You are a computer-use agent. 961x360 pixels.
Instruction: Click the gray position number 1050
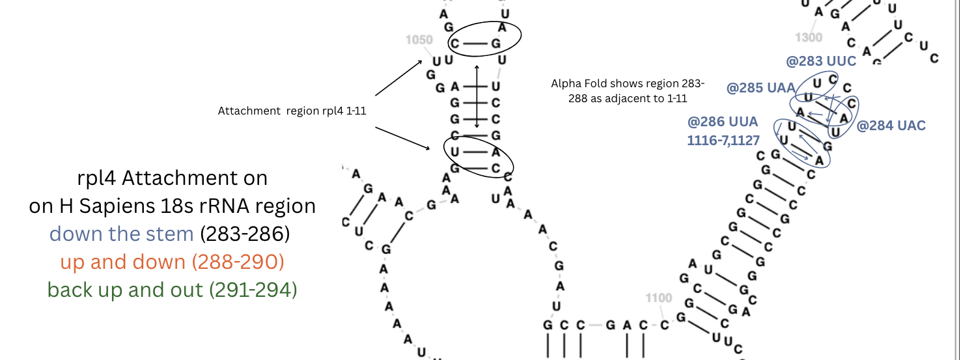(419, 40)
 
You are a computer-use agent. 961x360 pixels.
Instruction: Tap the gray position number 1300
(809, 38)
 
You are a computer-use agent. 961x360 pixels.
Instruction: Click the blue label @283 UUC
(821, 62)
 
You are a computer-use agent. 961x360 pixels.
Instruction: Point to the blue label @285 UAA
(760, 88)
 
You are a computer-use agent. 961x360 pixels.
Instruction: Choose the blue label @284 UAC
(891, 126)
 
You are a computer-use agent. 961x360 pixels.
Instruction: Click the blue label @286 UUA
(723, 122)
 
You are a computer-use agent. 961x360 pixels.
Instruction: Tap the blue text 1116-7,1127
(723, 140)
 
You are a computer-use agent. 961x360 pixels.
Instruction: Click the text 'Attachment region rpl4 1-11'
(292, 111)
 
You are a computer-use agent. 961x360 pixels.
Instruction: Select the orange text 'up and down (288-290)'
(173, 262)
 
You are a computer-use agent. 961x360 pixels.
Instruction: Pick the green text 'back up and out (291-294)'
(172, 290)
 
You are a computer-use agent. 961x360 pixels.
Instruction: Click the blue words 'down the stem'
(122, 233)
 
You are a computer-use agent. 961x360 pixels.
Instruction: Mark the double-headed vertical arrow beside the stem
(477, 96)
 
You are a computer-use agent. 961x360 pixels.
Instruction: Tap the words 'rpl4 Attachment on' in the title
(173, 178)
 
